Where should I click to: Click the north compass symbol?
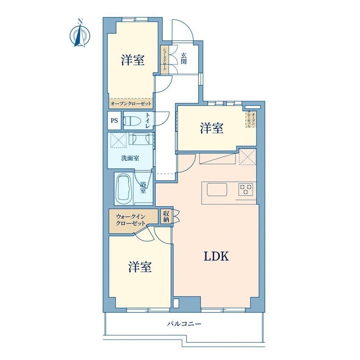tap(80, 35)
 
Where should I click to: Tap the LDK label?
tap(216, 256)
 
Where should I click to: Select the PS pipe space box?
tap(114, 121)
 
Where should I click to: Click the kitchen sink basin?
tap(217, 190)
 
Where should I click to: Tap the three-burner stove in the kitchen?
tap(245, 189)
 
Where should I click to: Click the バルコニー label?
tap(184, 324)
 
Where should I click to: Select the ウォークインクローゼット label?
tap(131, 220)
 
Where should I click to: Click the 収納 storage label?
tap(166, 216)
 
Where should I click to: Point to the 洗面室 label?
tap(130, 158)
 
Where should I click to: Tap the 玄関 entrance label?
tap(184, 58)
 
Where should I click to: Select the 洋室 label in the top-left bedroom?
tap(133, 60)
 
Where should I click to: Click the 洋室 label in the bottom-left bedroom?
tap(140, 266)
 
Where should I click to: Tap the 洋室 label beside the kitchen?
tap(212, 128)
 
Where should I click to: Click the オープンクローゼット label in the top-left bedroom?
tap(131, 104)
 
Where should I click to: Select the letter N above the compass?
tap(80, 22)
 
